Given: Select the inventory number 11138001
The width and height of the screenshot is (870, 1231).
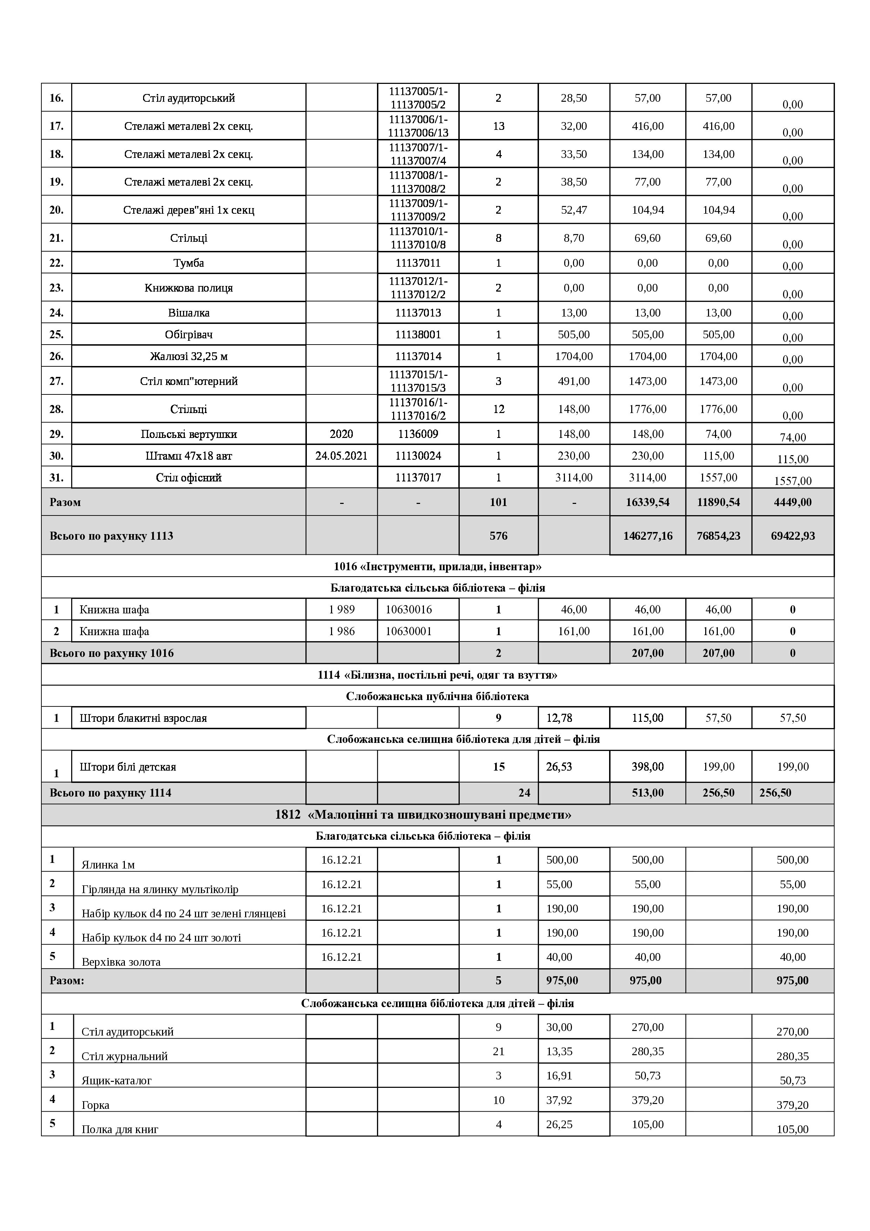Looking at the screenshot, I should tap(418, 334).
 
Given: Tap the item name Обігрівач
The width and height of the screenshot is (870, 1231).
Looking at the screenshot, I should tap(189, 334).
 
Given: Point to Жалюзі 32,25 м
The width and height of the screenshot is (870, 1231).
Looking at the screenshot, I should tap(189, 357).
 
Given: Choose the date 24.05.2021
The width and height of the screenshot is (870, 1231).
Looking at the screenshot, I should tap(341, 456).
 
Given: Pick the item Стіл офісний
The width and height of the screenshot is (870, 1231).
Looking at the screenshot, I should tap(189, 478).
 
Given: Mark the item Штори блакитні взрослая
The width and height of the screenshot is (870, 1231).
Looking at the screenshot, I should tap(143, 718).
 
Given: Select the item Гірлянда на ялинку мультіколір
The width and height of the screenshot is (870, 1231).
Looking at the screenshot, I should tap(160, 890).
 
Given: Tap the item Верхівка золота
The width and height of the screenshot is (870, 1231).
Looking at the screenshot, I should tap(121, 962).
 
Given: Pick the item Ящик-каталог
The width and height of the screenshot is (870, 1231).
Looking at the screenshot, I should tap(117, 1081).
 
